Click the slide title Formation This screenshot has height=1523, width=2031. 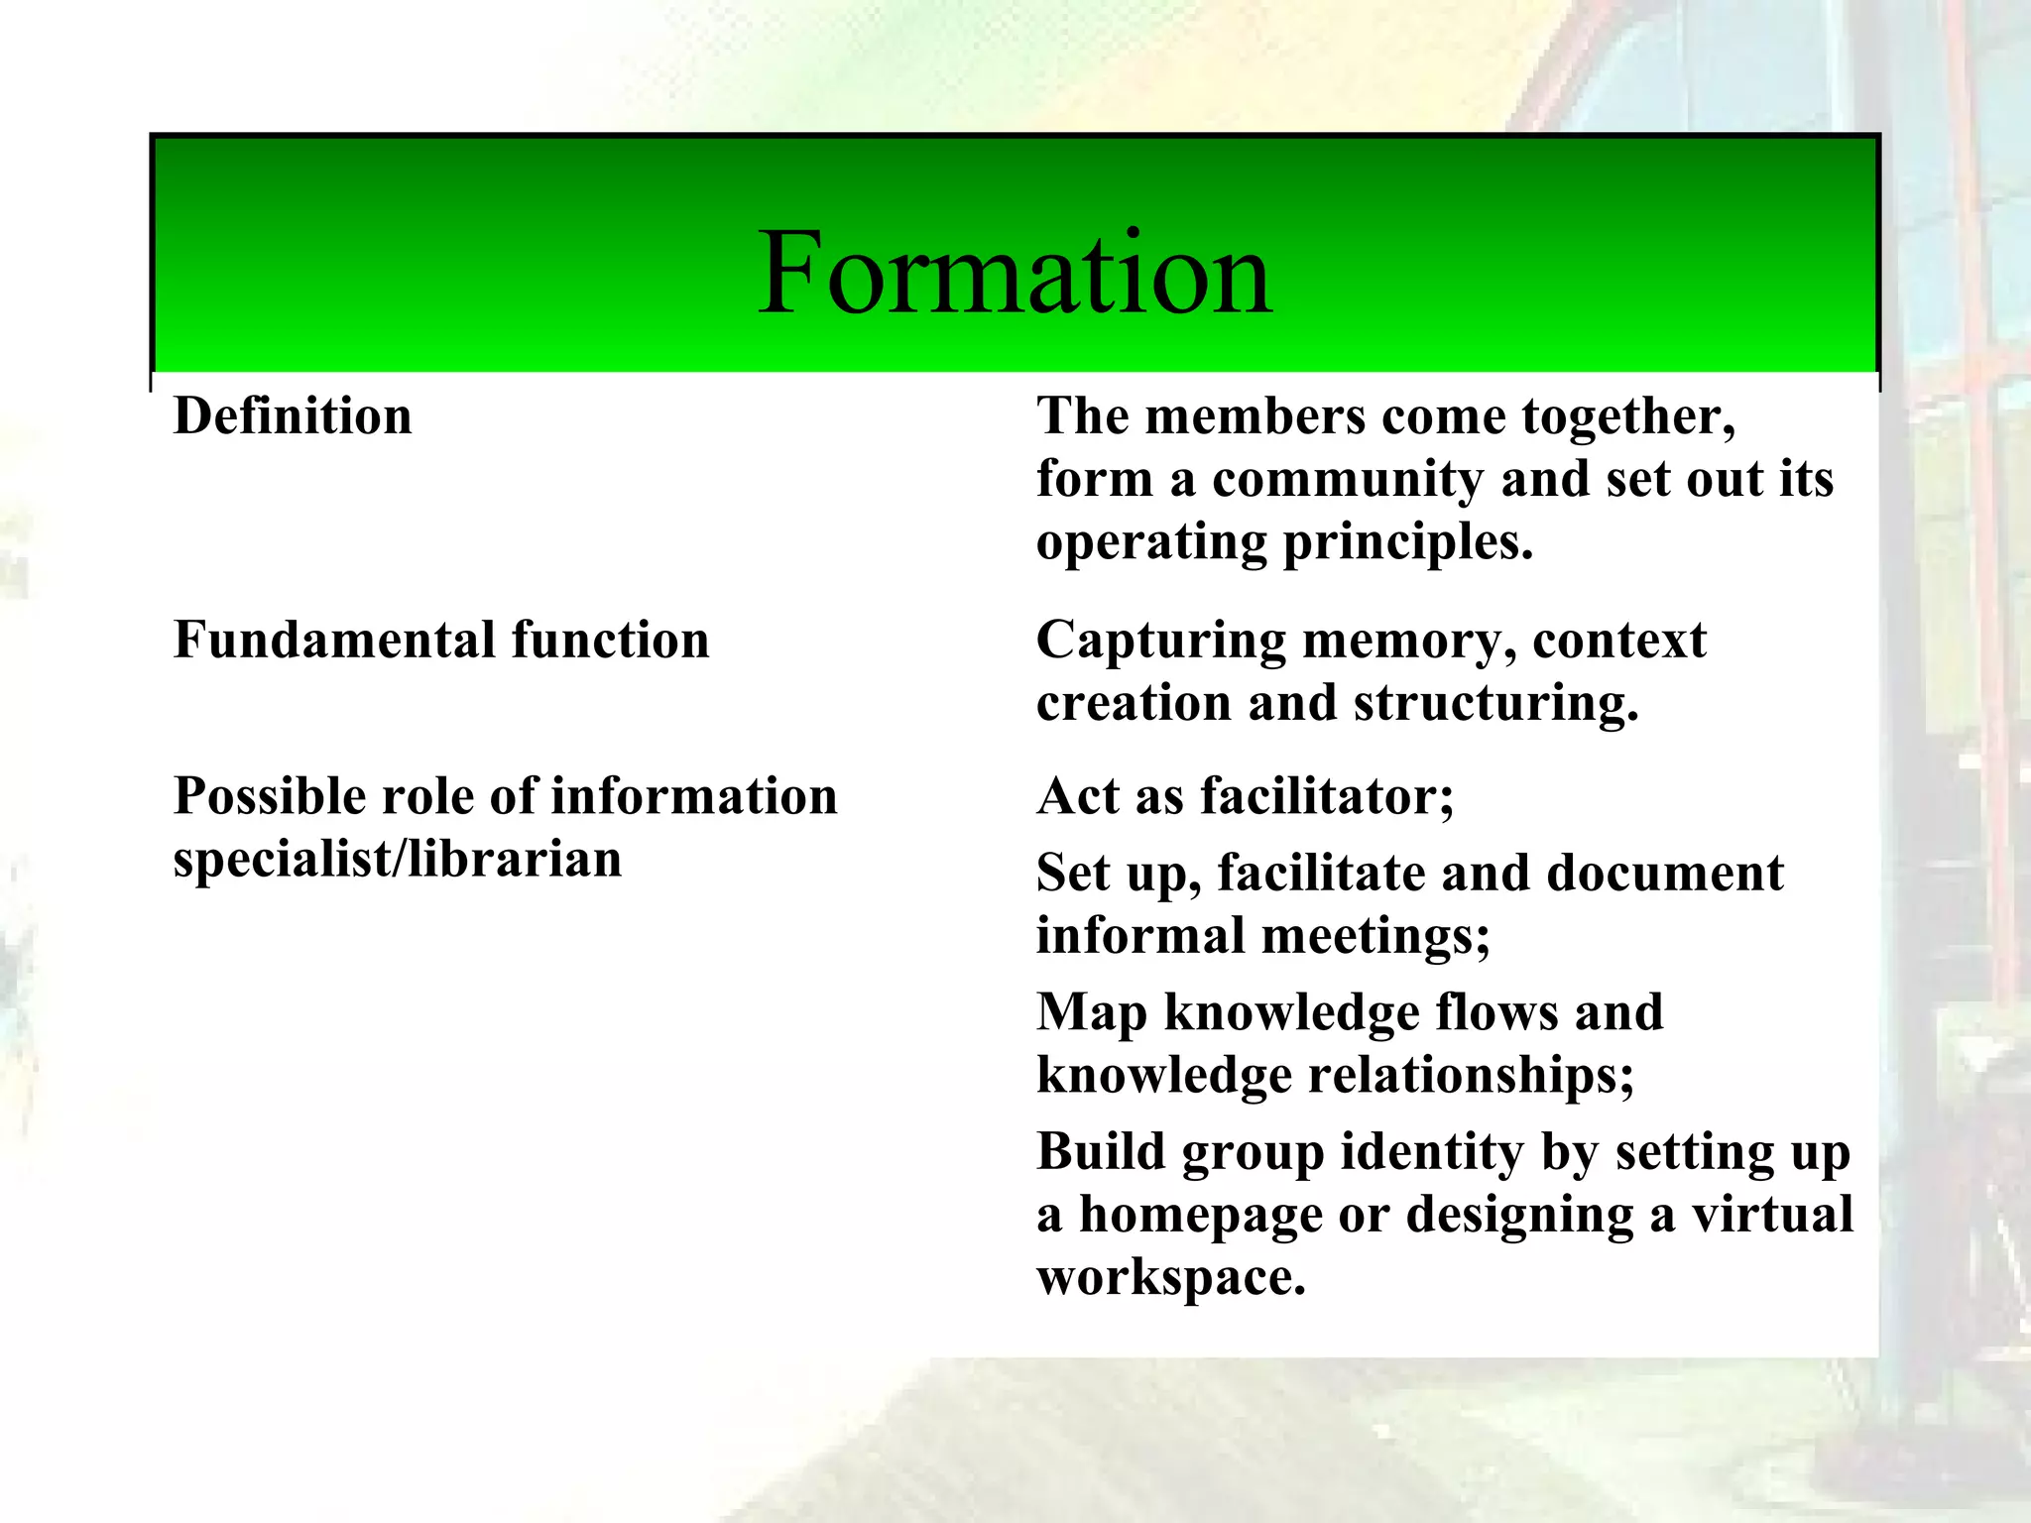(x=1015, y=273)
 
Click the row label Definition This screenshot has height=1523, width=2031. (x=293, y=416)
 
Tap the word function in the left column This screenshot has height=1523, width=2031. (x=611, y=640)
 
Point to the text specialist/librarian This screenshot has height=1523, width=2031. (x=398, y=859)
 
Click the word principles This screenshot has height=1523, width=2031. (x=1407, y=543)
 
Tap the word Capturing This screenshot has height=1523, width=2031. (x=1161, y=640)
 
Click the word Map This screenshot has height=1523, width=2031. (x=1092, y=1013)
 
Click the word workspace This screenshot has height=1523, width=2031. (x=1170, y=1278)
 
